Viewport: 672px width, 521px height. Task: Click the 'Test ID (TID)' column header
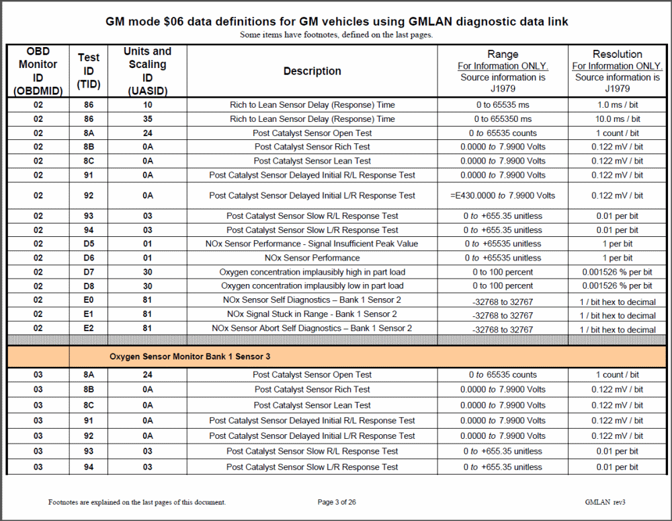pos(89,71)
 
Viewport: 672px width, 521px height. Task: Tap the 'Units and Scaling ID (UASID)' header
pos(147,71)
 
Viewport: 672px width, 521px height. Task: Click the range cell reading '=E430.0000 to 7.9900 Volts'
pos(503,196)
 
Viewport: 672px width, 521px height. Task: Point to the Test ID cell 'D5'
pos(89,244)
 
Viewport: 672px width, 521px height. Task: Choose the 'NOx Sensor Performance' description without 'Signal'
pos(312,258)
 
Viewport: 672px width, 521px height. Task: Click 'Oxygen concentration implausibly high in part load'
pos(312,272)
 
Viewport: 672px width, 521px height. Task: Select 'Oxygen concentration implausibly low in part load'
pos(312,286)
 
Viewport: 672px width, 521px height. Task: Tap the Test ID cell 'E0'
pos(89,300)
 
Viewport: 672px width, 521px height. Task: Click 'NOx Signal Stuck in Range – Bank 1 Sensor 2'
pos(312,314)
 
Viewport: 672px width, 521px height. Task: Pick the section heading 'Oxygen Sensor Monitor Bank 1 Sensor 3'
pos(190,356)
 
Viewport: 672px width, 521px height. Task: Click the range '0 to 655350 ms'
pos(503,119)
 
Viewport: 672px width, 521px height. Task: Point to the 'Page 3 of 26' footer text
pos(337,502)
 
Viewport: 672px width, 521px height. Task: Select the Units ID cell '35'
pos(147,119)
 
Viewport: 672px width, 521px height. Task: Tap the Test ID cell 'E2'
pos(89,328)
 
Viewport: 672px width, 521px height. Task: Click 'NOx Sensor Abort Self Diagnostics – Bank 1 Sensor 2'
pos(312,328)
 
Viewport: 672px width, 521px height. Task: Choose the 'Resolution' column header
pos(617,55)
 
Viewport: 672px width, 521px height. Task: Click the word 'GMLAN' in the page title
pos(421,22)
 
